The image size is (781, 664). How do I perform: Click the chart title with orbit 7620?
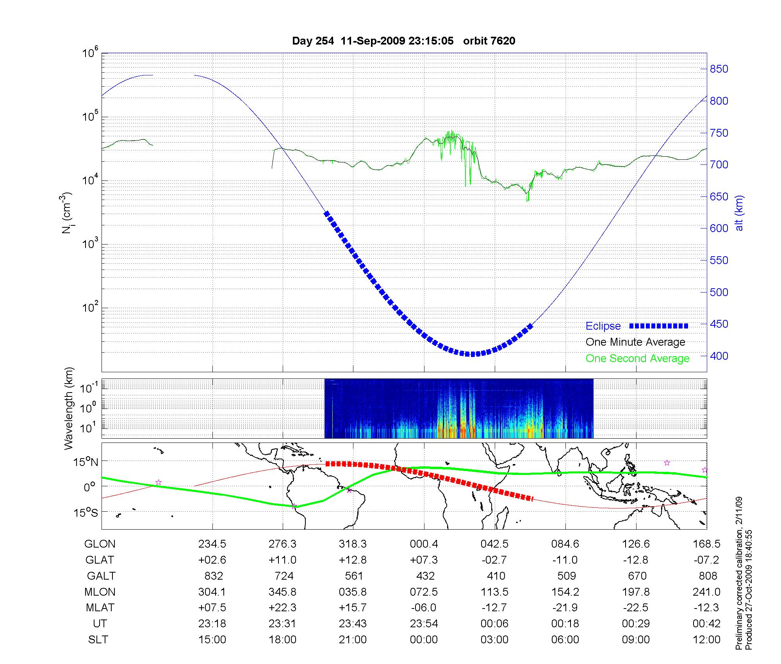(403, 41)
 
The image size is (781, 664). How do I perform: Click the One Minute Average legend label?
(635, 342)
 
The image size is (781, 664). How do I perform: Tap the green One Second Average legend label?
(637, 359)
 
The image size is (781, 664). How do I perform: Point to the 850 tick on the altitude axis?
(719, 69)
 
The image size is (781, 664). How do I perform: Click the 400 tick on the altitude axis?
(719, 356)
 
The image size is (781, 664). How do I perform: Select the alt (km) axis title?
(740, 213)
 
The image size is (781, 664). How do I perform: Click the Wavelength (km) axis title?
(69, 408)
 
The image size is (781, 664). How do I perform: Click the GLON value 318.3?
(353, 544)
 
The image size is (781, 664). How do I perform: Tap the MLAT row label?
(100, 608)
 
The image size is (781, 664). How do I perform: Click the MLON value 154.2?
(565, 592)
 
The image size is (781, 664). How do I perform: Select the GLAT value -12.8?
(636, 560)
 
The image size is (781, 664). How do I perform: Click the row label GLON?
(100, 544)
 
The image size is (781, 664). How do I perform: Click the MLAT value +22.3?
(282, 608)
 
